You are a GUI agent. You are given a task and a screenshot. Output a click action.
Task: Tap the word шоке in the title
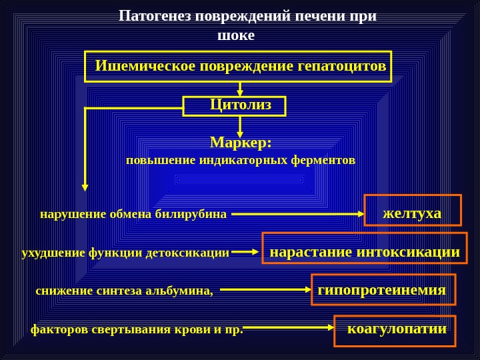tap(237, 35)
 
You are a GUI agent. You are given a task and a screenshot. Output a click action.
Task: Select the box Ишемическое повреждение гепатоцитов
tap(239, 67)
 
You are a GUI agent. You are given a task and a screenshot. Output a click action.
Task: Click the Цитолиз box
tap(235, 105)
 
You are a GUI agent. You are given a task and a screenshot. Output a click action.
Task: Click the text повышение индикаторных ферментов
tap(241, 161)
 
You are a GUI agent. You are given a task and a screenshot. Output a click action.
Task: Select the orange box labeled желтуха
tap(413, 210)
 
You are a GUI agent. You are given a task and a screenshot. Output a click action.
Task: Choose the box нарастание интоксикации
tap(365, 248)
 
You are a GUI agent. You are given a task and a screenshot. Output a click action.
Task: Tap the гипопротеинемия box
tap(383, 290)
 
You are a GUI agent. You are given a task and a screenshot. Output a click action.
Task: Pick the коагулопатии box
tap(395, 331)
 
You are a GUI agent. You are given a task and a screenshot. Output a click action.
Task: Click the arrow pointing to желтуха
tap(297, 215)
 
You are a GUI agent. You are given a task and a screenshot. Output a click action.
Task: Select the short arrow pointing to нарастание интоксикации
tap(245, 252)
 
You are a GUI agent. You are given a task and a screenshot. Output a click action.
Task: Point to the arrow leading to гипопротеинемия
tap(265, 290)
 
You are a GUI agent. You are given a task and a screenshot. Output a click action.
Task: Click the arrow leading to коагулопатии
tap(289, 328)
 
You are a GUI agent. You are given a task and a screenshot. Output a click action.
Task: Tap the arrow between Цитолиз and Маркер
tap(240, 126)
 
